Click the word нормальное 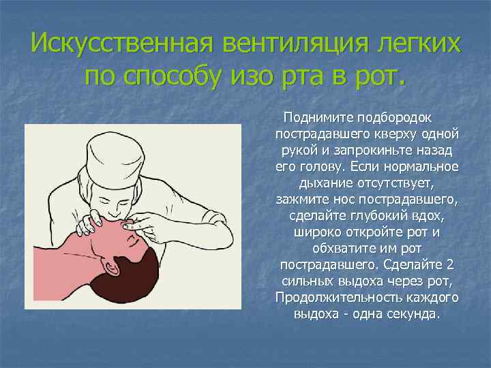423,166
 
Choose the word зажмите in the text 299,200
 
